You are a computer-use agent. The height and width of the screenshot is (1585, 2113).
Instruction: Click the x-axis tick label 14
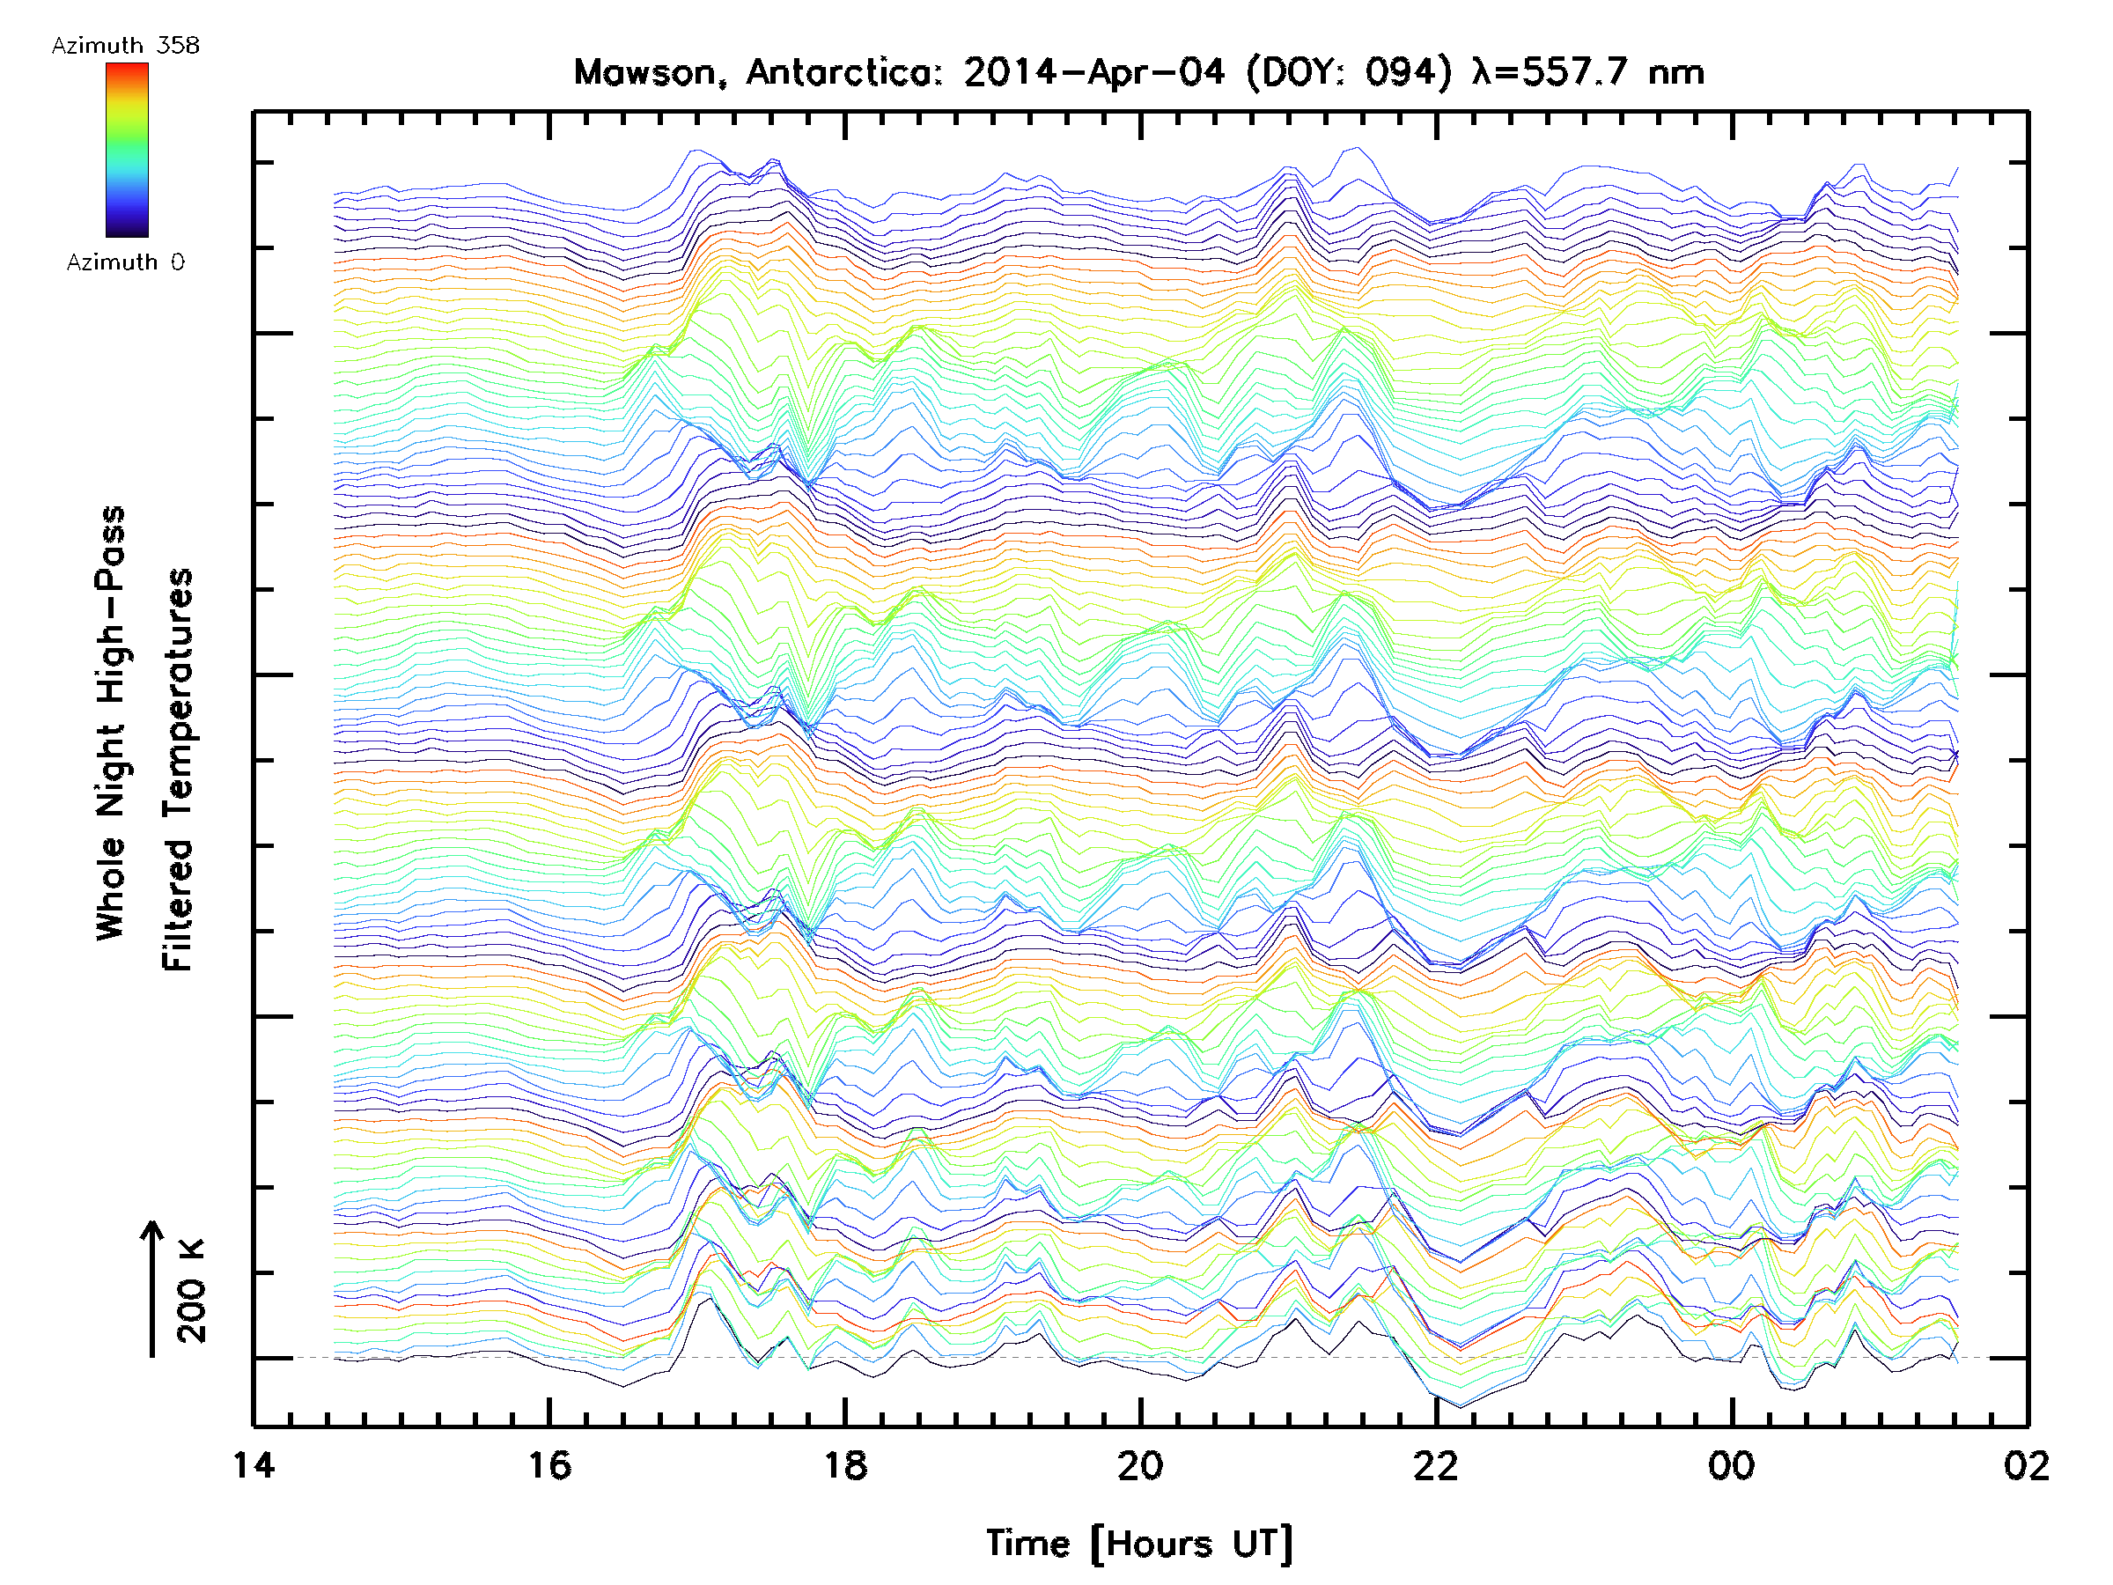click(254, 1464)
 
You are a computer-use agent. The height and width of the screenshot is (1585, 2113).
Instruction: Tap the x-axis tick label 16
click(549, 1464)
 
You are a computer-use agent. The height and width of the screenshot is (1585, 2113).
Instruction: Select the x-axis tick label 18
click(844, 1464)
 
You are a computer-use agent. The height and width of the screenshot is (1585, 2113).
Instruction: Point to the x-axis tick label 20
click(1140, 1464)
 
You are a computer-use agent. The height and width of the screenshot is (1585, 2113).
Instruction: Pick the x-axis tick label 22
click(1436, 1464)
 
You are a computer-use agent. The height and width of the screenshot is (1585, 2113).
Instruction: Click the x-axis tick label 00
click(1732, 1464)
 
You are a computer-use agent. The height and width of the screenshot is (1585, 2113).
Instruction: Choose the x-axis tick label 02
click(2026, 1464)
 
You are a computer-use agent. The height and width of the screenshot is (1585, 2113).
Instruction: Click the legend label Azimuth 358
click(125, 46)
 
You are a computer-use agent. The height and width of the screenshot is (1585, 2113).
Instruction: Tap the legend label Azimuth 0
click(125, 262)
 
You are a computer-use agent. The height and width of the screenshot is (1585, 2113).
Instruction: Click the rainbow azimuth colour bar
click(127, 149)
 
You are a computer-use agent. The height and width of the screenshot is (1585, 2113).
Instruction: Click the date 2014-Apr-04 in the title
click(1093, 72)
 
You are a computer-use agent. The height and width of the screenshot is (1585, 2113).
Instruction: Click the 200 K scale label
click(192, 1291)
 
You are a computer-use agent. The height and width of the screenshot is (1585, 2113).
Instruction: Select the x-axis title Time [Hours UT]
click(1139, 1543)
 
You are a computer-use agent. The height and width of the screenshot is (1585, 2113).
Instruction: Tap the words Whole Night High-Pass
click(111, 723)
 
